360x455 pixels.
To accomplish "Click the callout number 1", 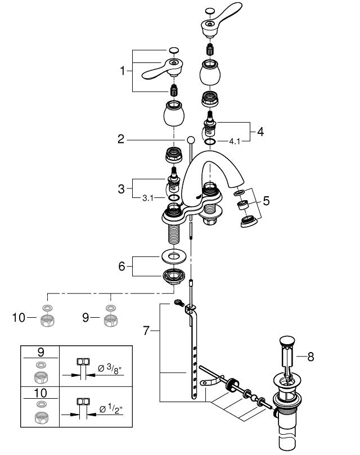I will [124, 71].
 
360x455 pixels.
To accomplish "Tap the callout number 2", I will [121, 139].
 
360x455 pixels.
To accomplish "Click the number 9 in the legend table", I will [40, 352].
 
